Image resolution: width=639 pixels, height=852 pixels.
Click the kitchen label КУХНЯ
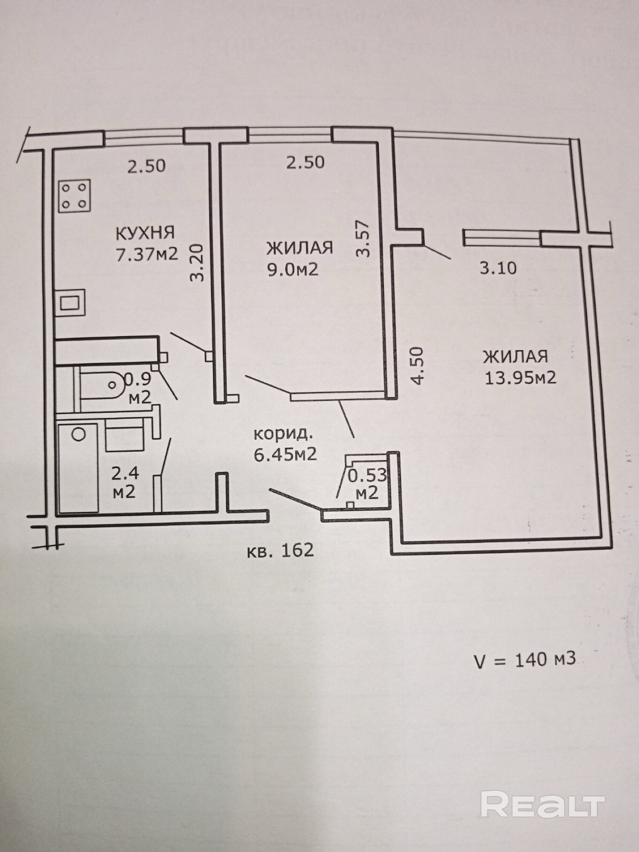click(x=145, y=233)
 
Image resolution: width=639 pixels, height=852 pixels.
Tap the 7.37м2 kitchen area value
click(x=147, y=254)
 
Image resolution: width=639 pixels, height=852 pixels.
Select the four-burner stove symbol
click(x=74, y=196)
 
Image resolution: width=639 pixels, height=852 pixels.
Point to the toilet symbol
click(x=102, y=385)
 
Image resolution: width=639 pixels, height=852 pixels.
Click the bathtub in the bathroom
click(x=78, y=467)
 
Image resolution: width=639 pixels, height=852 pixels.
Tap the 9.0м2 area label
click(x=293, y=269)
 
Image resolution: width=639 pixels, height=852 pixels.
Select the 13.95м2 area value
click(x=521, y=377)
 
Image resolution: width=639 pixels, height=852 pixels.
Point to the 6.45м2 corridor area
click(x=285, y=455)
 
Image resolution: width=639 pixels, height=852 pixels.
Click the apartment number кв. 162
click(x=280, y=550)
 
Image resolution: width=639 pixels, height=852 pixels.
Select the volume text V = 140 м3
click(x=525, y=660)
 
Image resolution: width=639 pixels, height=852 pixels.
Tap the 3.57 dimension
click(x=363, y=238)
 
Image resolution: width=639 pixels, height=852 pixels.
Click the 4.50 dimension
click(x=418, y=366)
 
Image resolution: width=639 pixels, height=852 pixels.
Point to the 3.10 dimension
click(x=498, y=268)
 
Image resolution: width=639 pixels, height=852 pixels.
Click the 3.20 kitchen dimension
click(x=197, y=262)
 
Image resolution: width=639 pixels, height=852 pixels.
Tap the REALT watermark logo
click(x=543, y=804)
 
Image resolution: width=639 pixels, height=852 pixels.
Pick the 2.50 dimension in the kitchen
click(x=147, y=166)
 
